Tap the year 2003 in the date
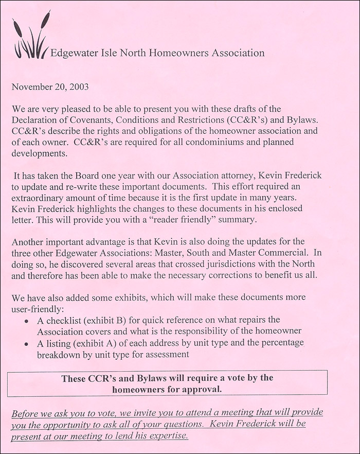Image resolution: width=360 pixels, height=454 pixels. click(x=77, y=87)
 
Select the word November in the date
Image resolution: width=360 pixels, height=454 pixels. click(x=31, y=87)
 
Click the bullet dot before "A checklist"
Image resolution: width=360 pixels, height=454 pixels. click(x=27, y=320)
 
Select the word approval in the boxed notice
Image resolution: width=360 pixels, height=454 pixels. click(x=202, y=389)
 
